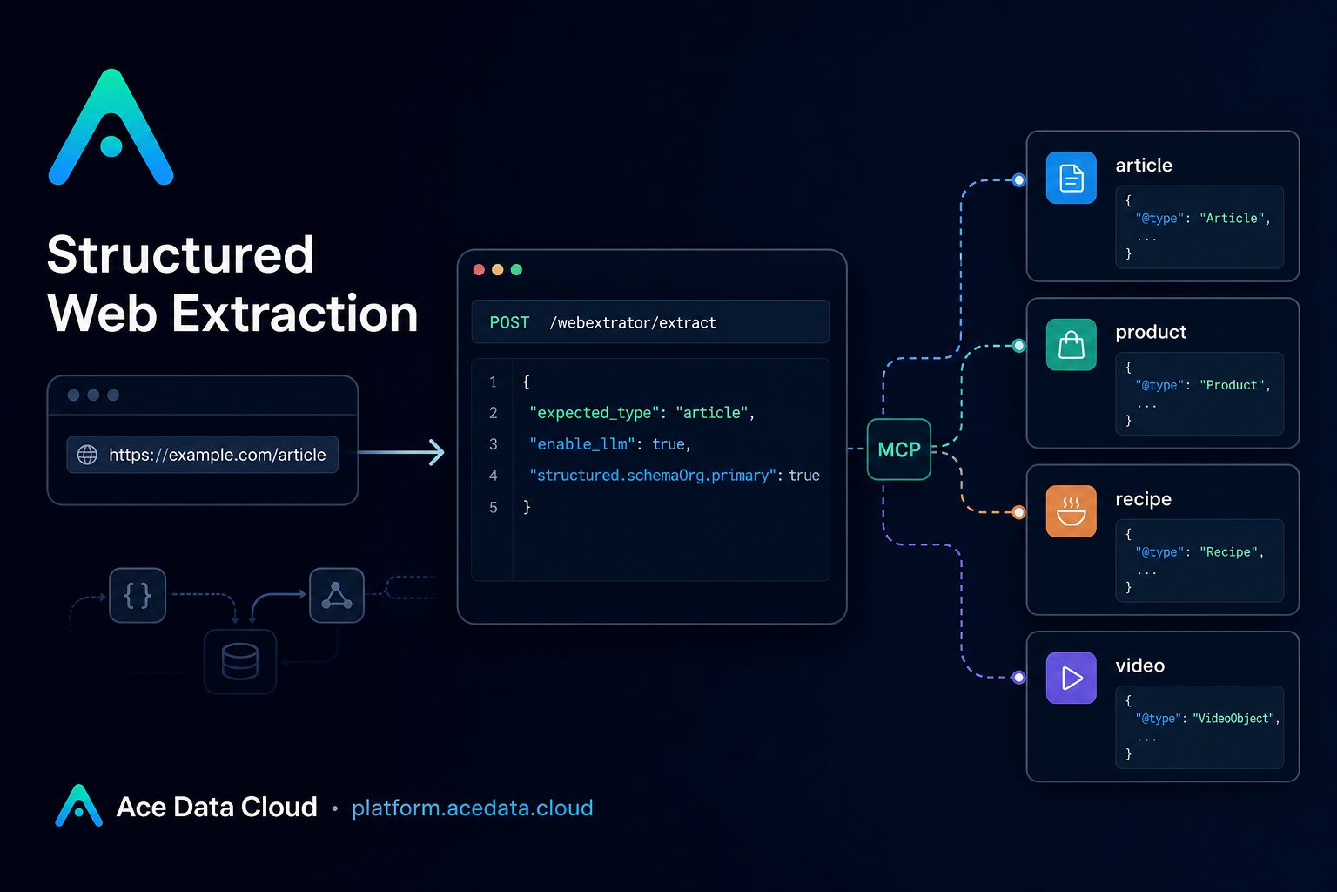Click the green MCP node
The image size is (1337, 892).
click(899, 449)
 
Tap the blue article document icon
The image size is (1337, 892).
click(1072, 178)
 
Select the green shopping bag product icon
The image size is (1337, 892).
click(1072, 345)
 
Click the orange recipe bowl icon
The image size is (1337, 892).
click(1072, 511)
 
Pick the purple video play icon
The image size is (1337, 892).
click(1072, 678)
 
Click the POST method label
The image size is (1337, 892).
click(509, 322)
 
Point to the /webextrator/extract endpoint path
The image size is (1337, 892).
click(633, 322)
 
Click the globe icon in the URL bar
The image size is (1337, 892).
click(87, 455)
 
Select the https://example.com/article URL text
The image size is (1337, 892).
click(218, 455)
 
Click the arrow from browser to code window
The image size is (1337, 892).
click(401, 452)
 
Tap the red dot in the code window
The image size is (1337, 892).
click(479, 270)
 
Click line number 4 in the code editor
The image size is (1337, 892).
click(493, 476)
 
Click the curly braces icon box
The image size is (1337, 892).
click(138, 595)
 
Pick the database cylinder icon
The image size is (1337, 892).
click(240, 661)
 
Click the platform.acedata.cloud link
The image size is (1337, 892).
click(472, 808)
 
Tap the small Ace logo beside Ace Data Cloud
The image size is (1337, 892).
click(79, 806)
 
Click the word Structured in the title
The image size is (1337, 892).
click(180, 254)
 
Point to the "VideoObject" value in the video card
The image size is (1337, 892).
click(1233, 719)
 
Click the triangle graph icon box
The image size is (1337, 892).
click(337, 595)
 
